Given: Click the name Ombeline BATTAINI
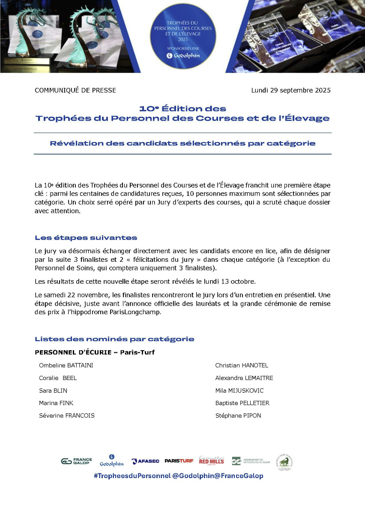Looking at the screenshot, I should tap(66, 365).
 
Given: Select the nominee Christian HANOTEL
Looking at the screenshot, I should tap(242, 365).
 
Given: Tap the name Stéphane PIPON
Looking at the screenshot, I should tap(238, 415).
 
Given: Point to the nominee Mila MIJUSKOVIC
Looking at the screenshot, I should tap(239, 391).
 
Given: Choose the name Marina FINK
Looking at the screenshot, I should tap(56, 403).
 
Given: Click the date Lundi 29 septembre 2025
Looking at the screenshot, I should tap(290, 90).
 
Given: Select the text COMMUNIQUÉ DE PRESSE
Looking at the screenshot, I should tap(75, 90).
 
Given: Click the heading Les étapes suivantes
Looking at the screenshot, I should tap(86, 237).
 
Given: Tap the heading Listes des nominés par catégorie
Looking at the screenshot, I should tap(114, 339).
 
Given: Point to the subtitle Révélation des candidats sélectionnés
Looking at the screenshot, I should tap(182, 143).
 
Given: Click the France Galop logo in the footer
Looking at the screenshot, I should tap(76, 461).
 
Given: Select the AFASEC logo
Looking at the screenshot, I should tap(145, 461).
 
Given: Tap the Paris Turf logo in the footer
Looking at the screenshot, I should tap(179, 461).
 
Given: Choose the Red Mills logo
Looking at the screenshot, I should tap(211, 461).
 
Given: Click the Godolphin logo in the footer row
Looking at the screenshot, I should tap(111, 460).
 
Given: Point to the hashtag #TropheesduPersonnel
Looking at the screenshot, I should tap(132, 476).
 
